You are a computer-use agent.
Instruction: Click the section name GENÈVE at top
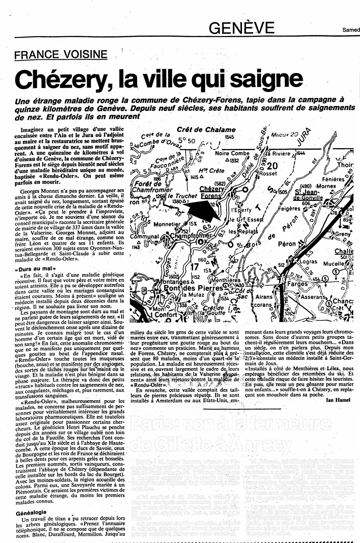[242, 28]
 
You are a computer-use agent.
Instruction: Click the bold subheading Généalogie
[31, 512]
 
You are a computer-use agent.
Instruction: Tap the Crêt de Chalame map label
[206, 130]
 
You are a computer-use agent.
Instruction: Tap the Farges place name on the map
[297, 284]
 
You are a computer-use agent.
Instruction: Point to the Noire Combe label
[232, 153]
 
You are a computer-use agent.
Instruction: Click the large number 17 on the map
[195, 267]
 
